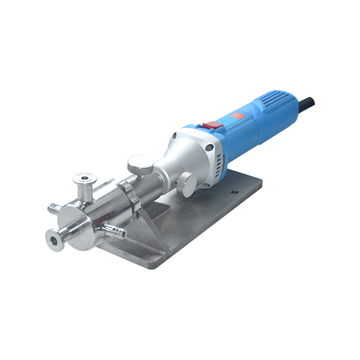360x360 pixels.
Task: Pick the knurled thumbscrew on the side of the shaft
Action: pyautogui.click(x=186, y=183)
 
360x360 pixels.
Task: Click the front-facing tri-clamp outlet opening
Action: pyautogui.click(x=55, y=240)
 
